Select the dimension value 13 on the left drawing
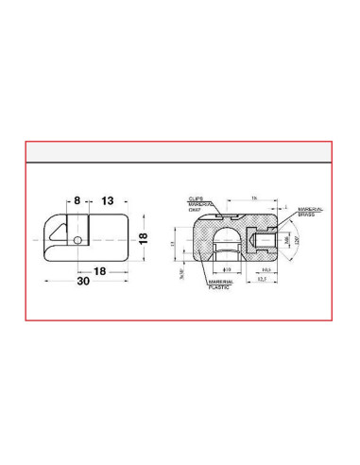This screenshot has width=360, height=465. tap(108, 201)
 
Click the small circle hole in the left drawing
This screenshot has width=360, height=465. tap(76, 240)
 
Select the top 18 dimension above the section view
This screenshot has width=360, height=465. tap(255, 198)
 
